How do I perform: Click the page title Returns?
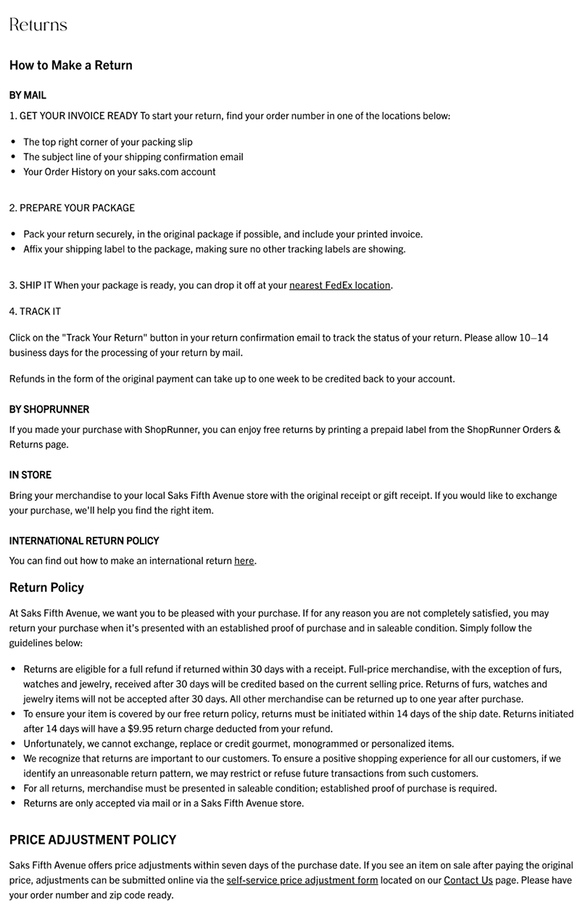[38, 25]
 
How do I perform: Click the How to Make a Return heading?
[71, 65]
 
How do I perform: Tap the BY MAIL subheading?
[28, 95]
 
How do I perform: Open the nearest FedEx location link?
[340, 285]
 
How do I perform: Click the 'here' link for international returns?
[244, 561]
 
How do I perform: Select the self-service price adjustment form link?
[302, 880]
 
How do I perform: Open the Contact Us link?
[468, 880]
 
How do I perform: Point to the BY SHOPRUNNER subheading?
[49, 409]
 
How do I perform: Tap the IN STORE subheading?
[30, 475]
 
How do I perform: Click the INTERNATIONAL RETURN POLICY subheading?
[84, 540]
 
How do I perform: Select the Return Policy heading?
[46, 587]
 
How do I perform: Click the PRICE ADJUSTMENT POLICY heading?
[93, 840]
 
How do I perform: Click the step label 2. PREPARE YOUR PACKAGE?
[72, 208]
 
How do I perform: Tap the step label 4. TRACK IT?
[35, 311]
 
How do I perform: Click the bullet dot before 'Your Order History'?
[13, 172]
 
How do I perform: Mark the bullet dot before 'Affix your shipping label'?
[13, 249]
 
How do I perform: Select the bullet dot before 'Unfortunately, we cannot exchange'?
[13, 743]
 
